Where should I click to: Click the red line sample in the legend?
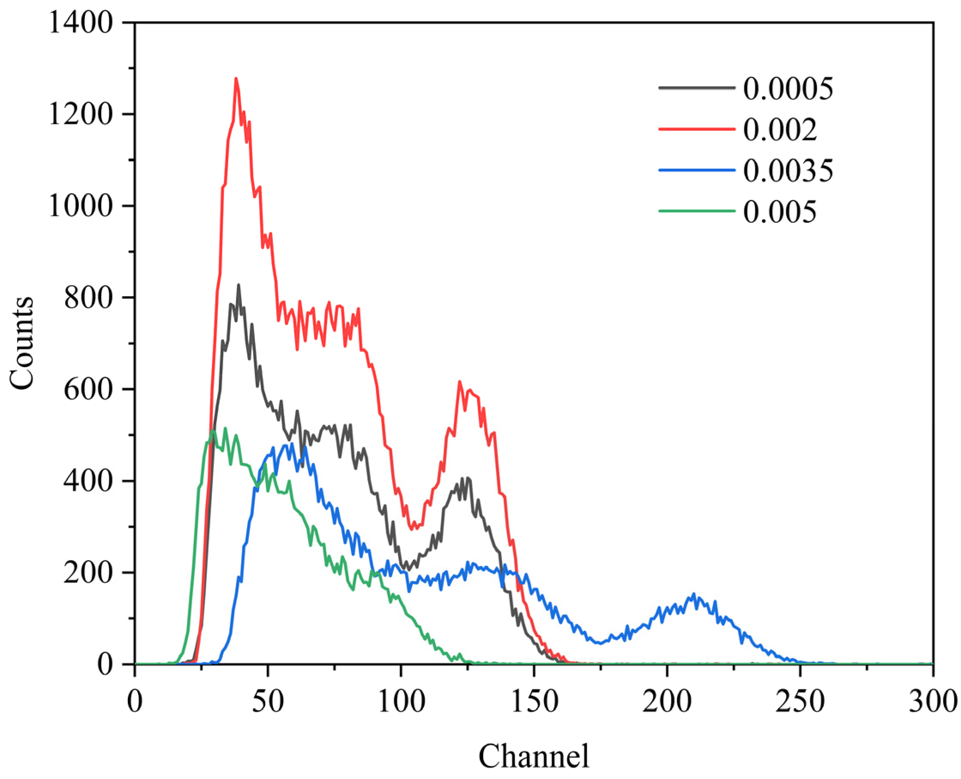click(x=696, y=129)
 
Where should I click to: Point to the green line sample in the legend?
click(x=696, y=211)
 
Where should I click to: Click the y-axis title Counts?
click(x=21, y=343)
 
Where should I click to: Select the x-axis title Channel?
click(x=534, y=756)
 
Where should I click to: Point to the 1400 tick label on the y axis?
click(x=81, y=22)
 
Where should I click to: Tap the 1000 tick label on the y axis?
click(x=81, y=206)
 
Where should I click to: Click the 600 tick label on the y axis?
click(x=88, y=389)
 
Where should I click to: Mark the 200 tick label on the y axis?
click(x=88, y=573)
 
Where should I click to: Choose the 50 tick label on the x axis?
click(x=268, y=701)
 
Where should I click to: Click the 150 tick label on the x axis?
click(x=534, y=701)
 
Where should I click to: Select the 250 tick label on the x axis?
click(x=800, y=701)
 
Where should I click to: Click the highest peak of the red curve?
click(x=236, y=79)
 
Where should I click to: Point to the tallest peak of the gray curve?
click(x=238, y=285)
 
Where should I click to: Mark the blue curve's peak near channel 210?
click(x=693, y=594)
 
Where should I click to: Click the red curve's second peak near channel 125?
click(x=459, y=382)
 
